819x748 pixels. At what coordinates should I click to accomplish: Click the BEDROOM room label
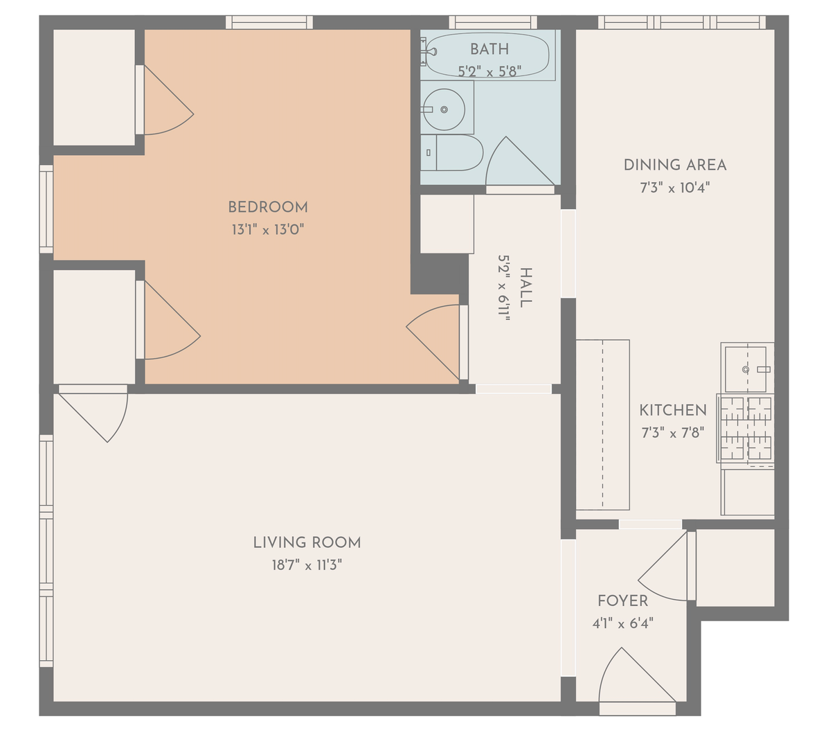[x=268, y=207]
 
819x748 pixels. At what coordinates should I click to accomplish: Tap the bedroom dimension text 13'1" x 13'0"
[x=268, y=229]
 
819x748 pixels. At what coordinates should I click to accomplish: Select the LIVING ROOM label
[x=307, y=542]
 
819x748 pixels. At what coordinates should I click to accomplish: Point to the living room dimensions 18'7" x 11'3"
[x=307, y=565]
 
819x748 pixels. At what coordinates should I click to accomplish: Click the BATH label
[x=489, y=49]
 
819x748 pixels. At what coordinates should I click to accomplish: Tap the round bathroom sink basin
[x=444, y=109]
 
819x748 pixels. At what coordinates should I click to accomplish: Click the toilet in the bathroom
[x=452, y=152]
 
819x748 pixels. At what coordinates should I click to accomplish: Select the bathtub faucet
[x=430, y=52]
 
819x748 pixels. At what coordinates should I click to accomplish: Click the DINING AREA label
[x=675, y=165]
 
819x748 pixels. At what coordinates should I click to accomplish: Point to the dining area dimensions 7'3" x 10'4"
[x=675, y=187]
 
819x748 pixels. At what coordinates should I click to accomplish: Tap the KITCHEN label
[x=673, y=410]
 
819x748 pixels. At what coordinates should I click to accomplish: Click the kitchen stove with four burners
[x=746, y=429]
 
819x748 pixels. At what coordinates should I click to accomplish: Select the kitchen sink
[x=748, y=368]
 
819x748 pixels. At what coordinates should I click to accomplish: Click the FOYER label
[x=622, y=601]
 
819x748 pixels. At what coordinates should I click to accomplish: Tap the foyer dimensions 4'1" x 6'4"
[x=622, y=623]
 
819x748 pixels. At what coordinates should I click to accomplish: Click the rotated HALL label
[x=525, y=287]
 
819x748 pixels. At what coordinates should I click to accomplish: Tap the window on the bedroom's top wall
[x=269, y=22]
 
